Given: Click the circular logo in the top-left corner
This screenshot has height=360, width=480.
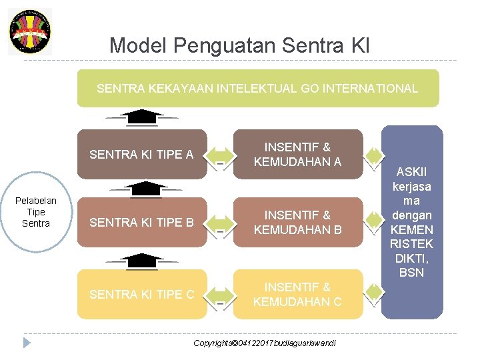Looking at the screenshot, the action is (x=30, y=31).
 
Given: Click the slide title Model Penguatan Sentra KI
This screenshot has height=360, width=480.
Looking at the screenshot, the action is (x=239, y=45).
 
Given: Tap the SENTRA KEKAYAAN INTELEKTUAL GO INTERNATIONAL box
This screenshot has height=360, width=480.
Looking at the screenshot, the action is (x=258, y=88).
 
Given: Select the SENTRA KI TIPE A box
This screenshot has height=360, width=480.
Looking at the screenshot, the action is (x=141, y=155).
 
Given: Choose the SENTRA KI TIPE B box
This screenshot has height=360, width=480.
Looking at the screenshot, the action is (x=141, y=222).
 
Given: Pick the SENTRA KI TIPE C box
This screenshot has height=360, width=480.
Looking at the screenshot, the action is (x=141, y=294).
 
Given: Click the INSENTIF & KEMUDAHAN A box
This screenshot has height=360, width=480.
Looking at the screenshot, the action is (x=297, y=155).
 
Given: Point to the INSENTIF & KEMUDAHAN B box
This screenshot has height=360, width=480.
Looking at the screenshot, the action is (x=297, y=222).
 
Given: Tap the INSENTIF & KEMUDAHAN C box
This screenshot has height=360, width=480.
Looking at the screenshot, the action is (x=297, y=294).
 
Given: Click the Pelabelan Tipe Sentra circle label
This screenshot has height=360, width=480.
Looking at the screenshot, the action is (x=36, y=212).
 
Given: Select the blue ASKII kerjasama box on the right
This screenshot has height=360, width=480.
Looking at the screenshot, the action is (x=411, y=221).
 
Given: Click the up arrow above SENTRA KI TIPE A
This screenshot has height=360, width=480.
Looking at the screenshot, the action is (x=141, y=117).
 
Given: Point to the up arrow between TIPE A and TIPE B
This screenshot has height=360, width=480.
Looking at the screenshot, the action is (x=141, y=189).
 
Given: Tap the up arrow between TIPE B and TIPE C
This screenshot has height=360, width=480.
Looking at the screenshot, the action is (x=141, y=260).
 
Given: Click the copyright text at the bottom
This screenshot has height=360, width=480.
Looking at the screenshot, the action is (x=265, y=343).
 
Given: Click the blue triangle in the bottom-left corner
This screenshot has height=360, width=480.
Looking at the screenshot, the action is (x=27, y=343).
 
